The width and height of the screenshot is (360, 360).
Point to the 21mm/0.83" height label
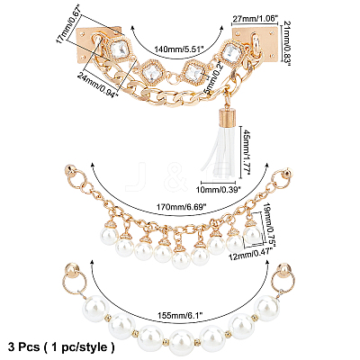[x=287, y=43]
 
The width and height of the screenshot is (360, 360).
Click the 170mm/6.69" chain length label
[x=179, y=208]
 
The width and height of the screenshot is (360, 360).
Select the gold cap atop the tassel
[x=224, y=118]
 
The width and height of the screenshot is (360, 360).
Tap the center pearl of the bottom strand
[x=181, y=340]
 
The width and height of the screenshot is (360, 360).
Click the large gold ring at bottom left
[x=75, y=282]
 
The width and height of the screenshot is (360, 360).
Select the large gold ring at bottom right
[x=283, y=281]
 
